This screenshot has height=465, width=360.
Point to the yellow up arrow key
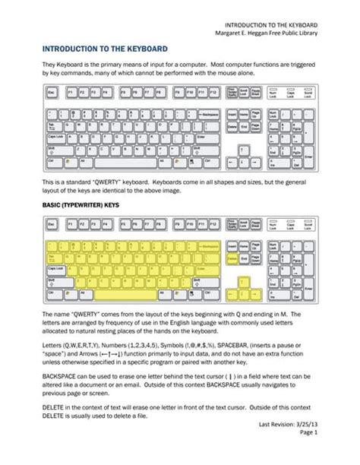tap(244, 280)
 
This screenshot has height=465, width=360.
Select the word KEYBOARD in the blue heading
tap(143, 49)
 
